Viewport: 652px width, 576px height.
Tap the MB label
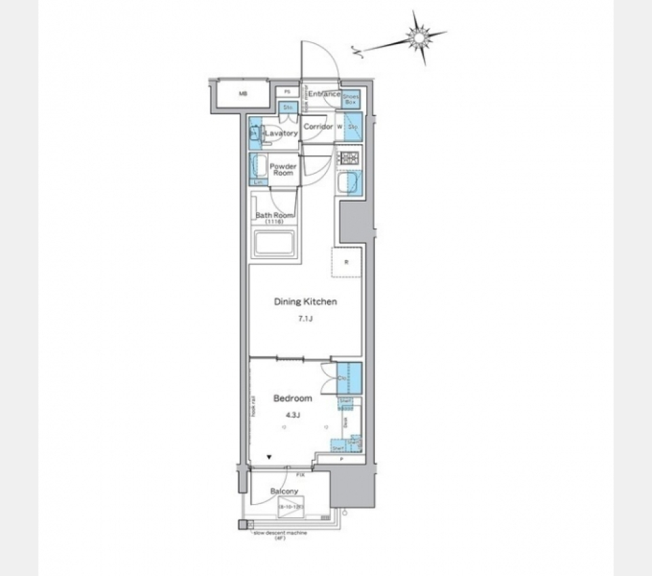point(242,94)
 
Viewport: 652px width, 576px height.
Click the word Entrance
point(325,94)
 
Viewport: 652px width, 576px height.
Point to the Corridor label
point(317,127)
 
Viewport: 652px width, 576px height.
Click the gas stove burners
point(349,159)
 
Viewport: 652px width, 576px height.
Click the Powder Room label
point(283,169)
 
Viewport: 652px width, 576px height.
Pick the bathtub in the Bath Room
point(274,242)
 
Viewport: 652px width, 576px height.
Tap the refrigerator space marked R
point(346,262)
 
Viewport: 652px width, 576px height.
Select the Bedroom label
point(293,398)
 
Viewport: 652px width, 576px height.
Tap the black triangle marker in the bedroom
point(270,458)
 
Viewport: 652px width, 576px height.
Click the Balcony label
point(284,491)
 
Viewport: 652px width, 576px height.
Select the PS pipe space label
point(287,92)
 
